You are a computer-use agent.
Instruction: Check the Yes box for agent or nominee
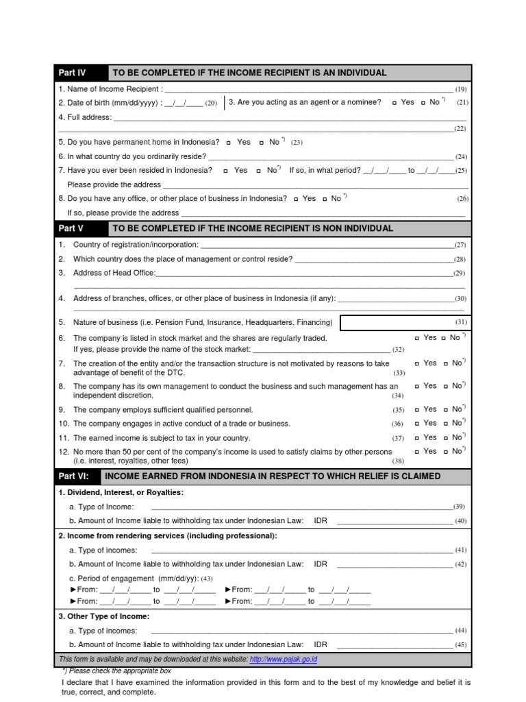pos(394,103)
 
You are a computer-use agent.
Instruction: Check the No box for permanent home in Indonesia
pos(262,143)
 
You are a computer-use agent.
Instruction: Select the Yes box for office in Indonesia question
pos(295,199)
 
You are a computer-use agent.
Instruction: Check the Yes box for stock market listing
pos(417,338)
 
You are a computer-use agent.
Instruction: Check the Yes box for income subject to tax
pos(417,438)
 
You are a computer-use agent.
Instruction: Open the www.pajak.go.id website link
pos(283,659)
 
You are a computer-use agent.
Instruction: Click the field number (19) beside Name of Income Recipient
pos(460,89)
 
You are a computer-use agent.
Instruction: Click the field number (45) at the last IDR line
pos(460,645)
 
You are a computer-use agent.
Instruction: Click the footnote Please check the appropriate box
pos(116,671)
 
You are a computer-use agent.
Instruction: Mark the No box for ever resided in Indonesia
pos(259,171)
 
